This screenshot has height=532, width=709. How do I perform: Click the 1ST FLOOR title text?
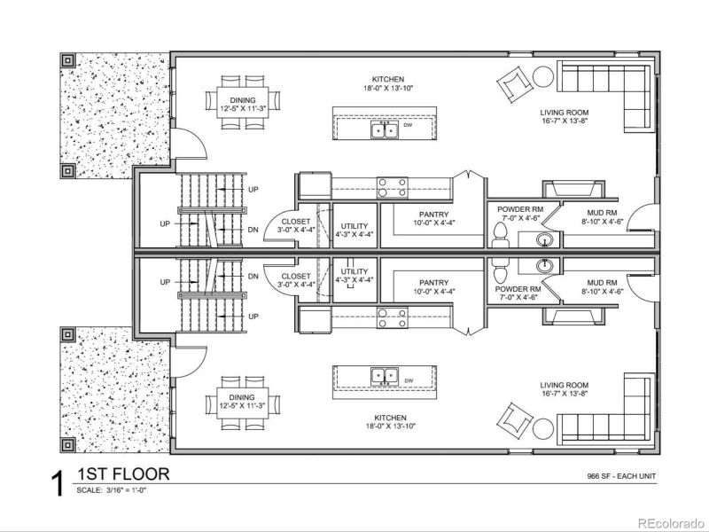click(x=123, y=474)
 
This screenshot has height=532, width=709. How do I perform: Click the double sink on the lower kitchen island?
click(x=384, y=376)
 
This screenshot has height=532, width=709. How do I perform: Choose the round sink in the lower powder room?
click(x=545, y=264)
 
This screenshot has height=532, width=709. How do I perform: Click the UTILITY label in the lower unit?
click(x=354, y=274)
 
